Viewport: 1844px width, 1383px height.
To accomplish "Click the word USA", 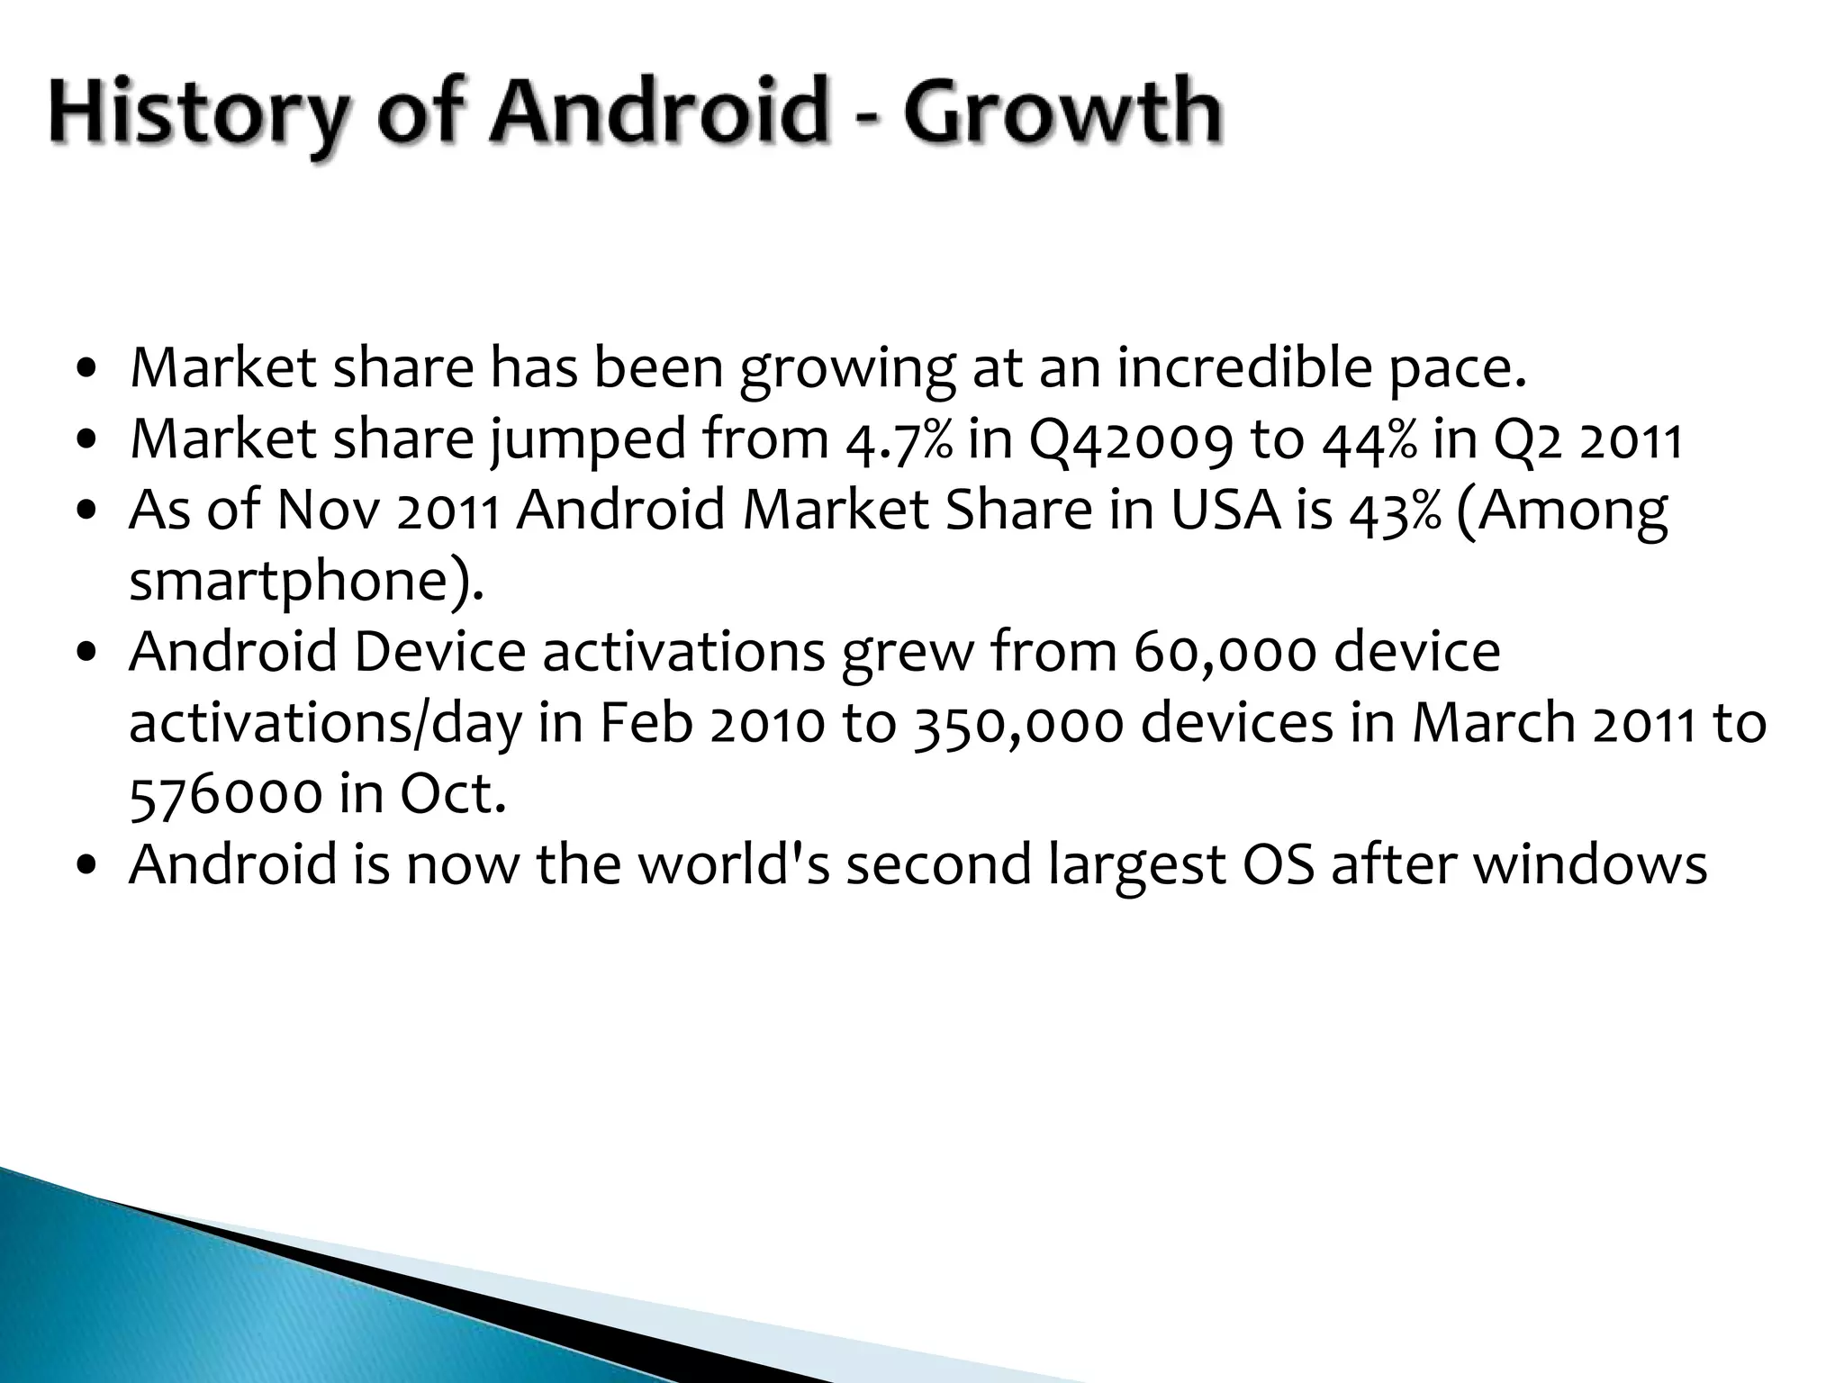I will coord(1225,511).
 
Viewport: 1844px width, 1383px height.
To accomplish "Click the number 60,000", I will coord(1225,653).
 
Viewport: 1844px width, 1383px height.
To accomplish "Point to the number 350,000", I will coord(1018,724).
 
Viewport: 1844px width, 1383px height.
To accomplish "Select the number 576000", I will coord(226,794).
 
